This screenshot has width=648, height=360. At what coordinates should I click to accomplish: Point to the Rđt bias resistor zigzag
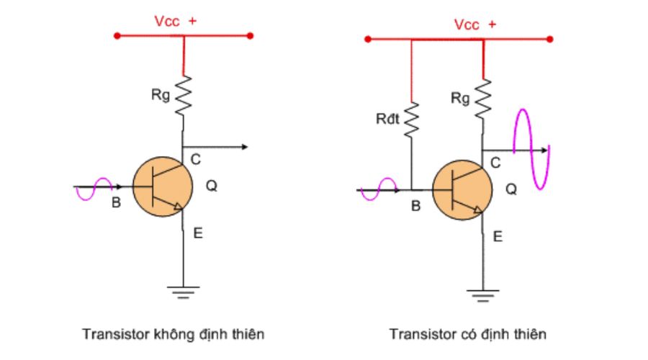coord(411,120)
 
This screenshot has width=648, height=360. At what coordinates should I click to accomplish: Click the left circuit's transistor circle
coord(163,186)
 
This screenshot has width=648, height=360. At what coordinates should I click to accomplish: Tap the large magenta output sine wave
coord(531,149)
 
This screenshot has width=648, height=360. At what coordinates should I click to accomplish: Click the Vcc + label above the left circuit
coord(175,21)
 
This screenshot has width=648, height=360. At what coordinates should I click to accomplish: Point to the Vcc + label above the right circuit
coord(474,24)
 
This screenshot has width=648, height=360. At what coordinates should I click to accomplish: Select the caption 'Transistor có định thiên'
coord(468,334)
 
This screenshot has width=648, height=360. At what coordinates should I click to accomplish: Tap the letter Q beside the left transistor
coord(212,186)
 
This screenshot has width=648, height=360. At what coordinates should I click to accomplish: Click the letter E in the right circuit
coord(497,235)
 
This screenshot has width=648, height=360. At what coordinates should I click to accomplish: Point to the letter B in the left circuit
coord(116,203)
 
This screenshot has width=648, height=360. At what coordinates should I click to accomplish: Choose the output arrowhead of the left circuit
coord(245,147)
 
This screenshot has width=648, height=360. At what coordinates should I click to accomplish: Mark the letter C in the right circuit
coord(495,163)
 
